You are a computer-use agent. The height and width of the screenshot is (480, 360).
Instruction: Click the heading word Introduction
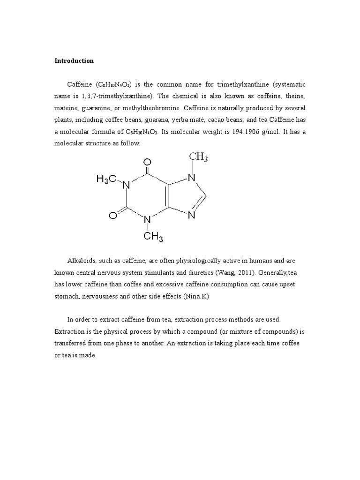pyautogui.click(x=74, y=61)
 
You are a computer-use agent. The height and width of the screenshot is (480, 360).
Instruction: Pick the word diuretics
pyautogui.click(x=203, y=273)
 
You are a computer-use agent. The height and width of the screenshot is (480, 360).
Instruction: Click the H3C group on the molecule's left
pyautogui.click(x=106, y=179)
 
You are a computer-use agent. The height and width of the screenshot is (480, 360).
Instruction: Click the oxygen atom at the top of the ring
pyautogui.click(x=148, y=163)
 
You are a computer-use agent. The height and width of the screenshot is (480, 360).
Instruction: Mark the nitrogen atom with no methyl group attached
pyautogui.click(x=191, y=217)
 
